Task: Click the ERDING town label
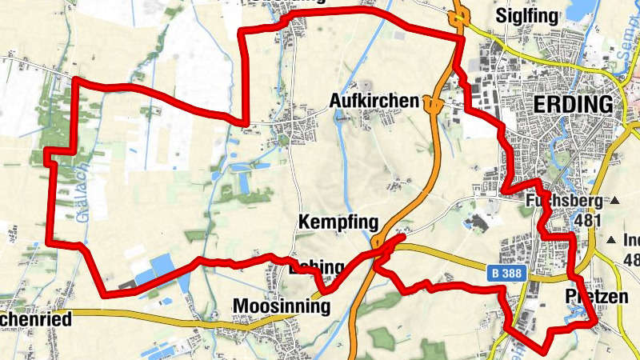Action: (x=573, y=105)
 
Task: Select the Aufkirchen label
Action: (x=374, y=101)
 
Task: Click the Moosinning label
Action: (x=281, y=306)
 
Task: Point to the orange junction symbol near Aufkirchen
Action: (x=432, y=103)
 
